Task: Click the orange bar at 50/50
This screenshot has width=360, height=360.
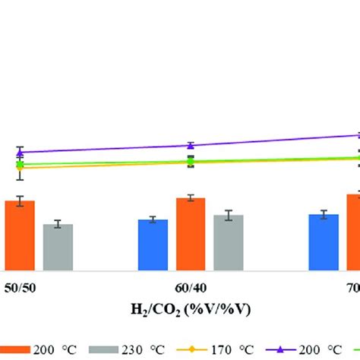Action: click(20, 235)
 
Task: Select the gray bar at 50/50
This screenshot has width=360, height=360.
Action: click(58, 247)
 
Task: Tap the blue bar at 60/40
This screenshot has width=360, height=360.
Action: click(153, 245)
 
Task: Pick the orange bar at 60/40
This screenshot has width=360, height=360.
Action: click(191, 234)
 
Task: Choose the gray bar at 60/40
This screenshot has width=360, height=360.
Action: click(229, 242)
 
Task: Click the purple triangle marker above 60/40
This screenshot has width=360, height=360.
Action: click(191, 145)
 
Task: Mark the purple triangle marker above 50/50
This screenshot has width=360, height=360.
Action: click(21, 152)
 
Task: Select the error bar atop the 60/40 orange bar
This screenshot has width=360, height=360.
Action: click(191, 197)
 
